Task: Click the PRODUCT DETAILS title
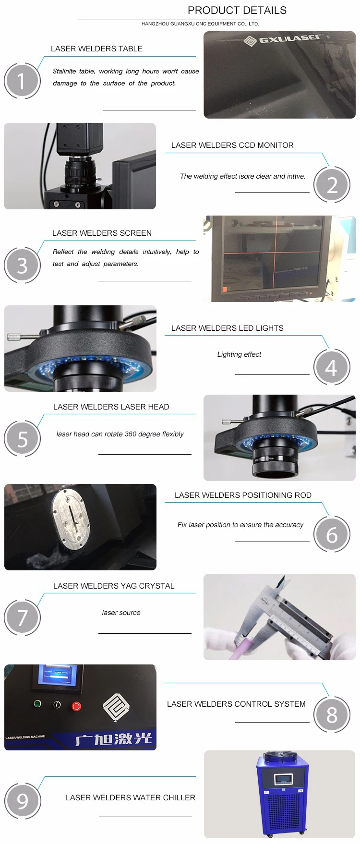(x=237, y=10)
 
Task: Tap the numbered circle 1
(x=22, y=81)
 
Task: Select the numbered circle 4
(x=332, y=367)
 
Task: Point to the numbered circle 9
(x=23, y=801)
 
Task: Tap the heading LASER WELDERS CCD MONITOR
(x=232, y=145)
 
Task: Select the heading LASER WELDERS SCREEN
(x=102, y=233)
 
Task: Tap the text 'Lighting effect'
(x=239, y=354)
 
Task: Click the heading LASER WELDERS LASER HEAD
(x=111, y=407)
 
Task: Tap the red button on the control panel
(x=76, y=706)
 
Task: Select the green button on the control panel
(x=37, y=704)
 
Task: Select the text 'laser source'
(x=121, y=613)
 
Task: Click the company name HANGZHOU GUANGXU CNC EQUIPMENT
(x=200, y=24)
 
